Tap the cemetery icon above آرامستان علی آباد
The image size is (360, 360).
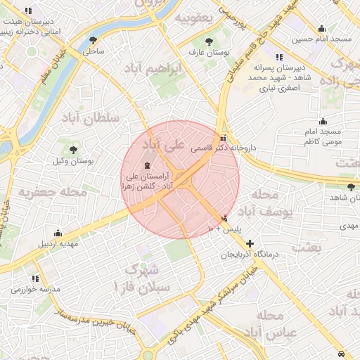click(146, 165)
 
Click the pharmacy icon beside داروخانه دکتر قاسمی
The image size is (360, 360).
click(224, 137)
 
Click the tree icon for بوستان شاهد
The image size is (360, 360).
click(351, 186)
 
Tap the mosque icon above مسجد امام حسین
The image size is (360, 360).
click(321, 29)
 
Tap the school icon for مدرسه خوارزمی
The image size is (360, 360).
click(32, 278)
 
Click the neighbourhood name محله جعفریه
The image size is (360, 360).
click(53, 191)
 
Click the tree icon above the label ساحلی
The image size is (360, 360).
click(94, 41)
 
